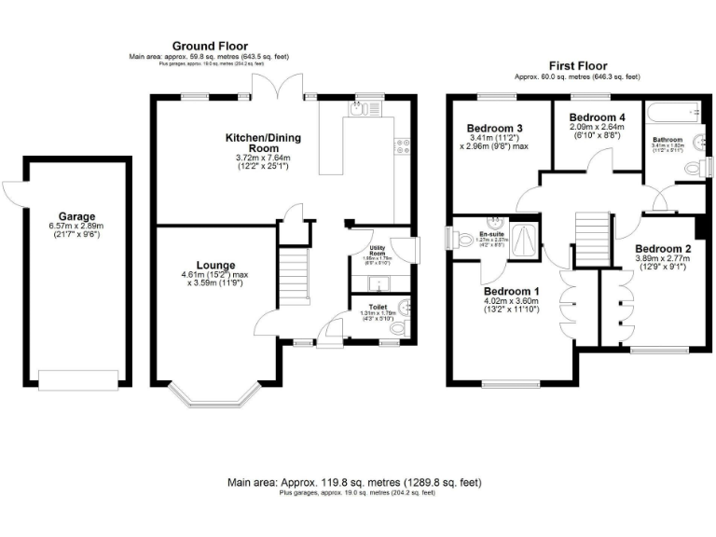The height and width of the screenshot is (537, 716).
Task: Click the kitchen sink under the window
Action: (359, 109)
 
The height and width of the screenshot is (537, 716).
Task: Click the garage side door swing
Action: (14, 192)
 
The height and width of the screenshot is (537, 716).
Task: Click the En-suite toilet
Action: (466, 239)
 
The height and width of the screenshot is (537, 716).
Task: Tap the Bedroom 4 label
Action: (596, 117)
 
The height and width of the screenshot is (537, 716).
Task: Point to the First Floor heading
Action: (578, 66)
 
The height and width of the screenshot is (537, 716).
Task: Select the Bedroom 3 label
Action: (494, 128)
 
